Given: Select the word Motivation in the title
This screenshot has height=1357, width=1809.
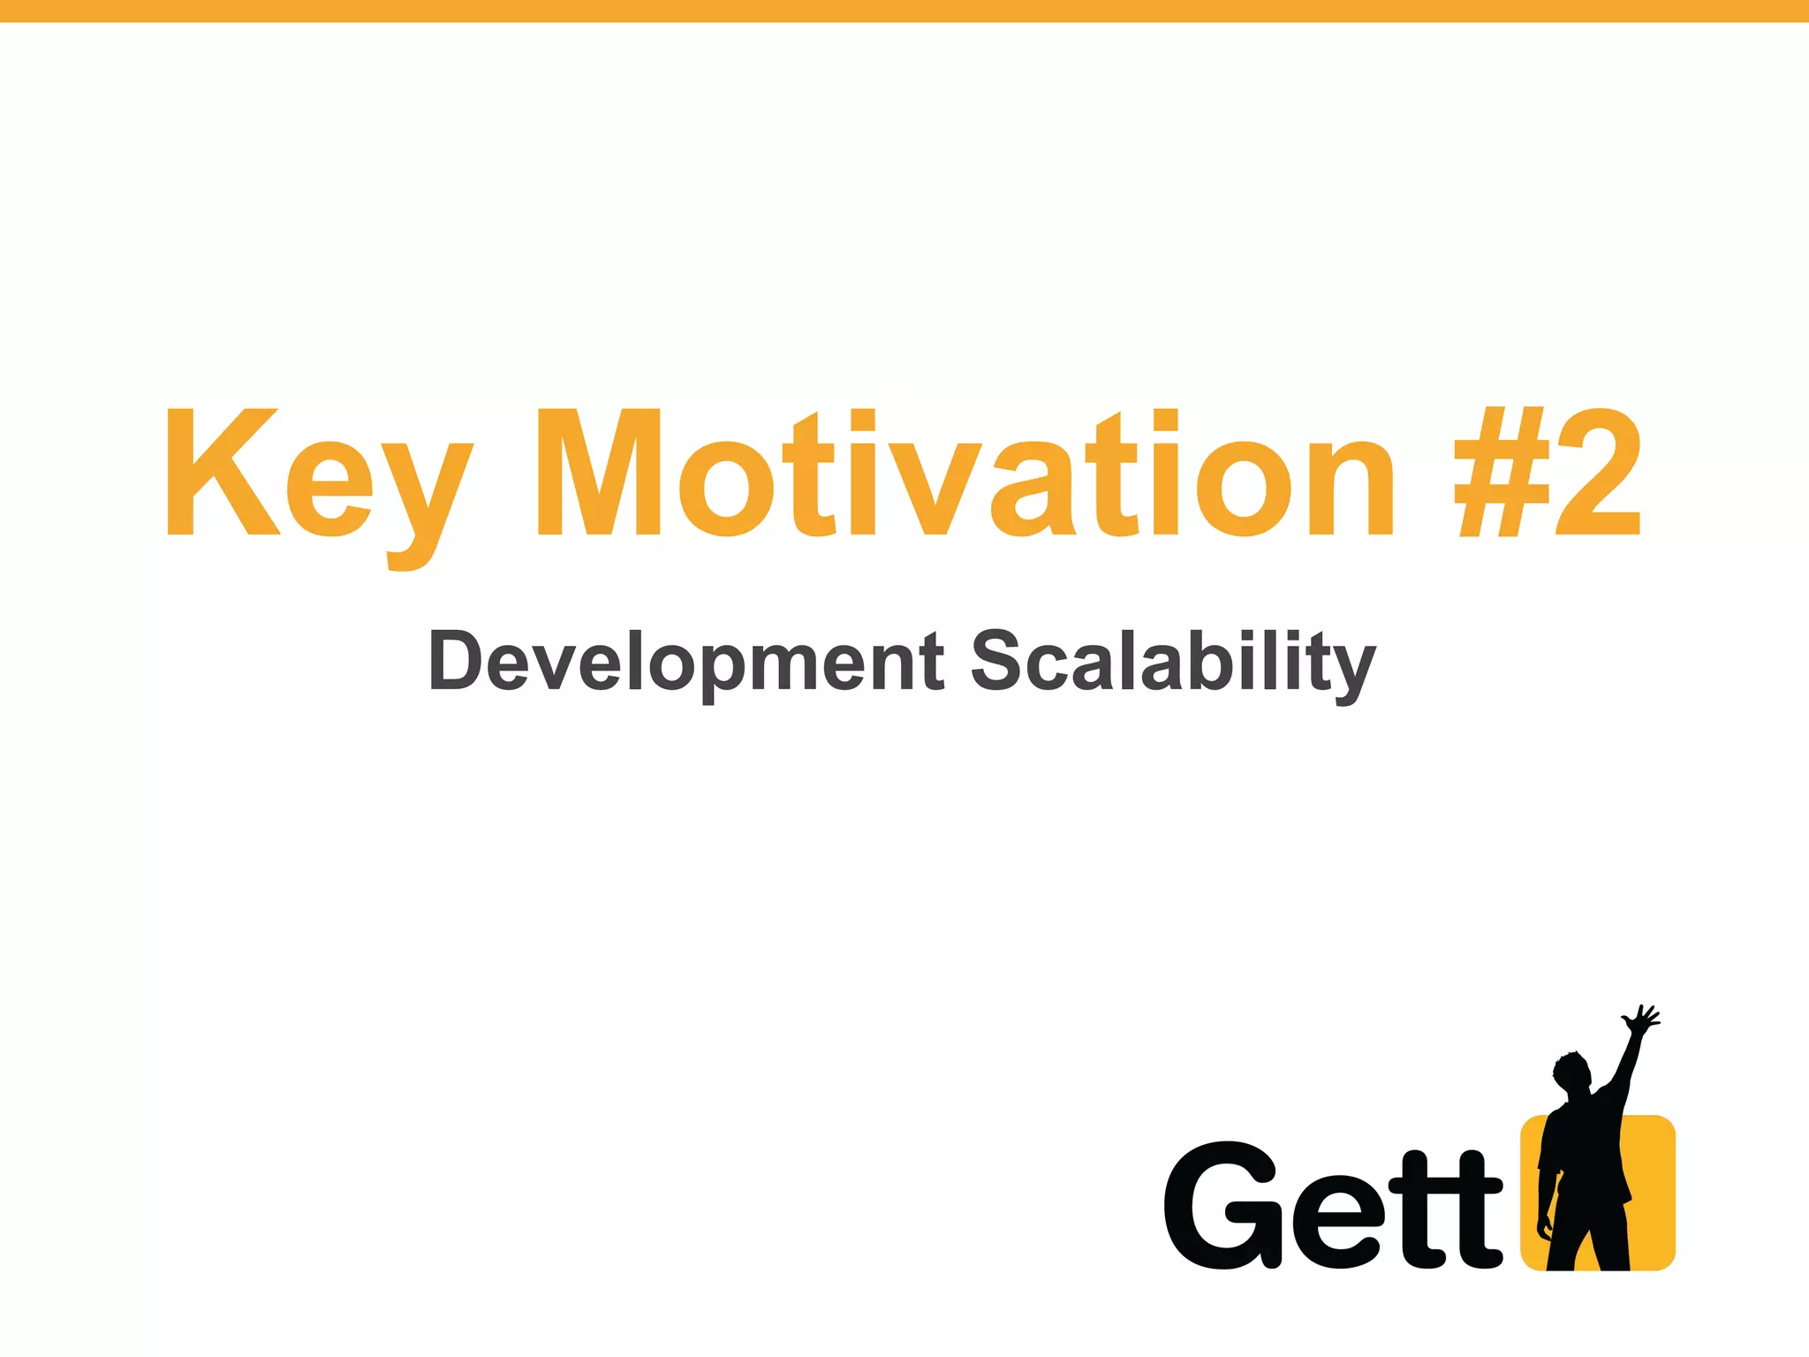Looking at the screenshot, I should point(965,474).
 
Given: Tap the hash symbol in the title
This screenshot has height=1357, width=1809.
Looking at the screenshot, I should point(1502,472).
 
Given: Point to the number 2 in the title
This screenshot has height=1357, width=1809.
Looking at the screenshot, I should point(1599,472).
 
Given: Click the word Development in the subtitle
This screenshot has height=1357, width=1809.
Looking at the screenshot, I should point(685,663).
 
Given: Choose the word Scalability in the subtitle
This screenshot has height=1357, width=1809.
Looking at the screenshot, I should point(1173,663).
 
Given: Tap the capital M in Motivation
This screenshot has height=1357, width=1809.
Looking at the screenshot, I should point(599,472).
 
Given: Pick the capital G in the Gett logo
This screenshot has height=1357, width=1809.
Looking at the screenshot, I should point(1222,1205).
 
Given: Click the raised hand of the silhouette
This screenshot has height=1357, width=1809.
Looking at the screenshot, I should point(1641,1021).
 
